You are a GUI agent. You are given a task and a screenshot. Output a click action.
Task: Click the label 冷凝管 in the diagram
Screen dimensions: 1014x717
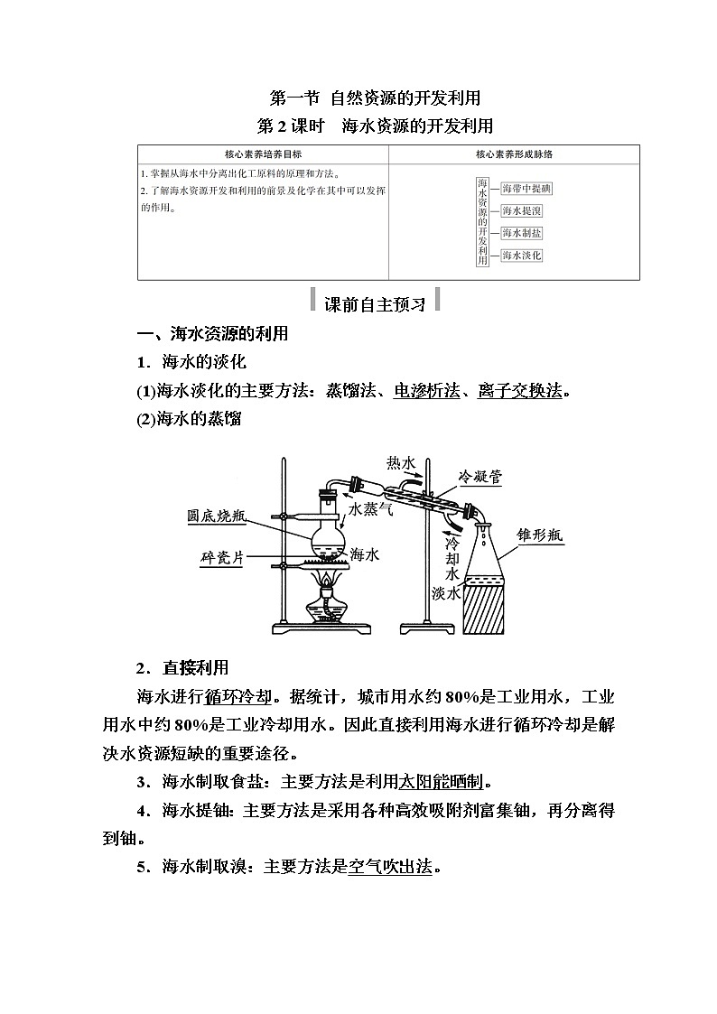click(478, 476)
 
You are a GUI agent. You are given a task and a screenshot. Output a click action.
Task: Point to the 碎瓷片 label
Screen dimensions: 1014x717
click(222, 557)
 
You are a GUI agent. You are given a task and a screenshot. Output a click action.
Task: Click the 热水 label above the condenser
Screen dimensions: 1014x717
click(401, 462)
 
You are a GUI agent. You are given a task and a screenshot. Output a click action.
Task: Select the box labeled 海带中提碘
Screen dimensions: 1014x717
click(526, 189)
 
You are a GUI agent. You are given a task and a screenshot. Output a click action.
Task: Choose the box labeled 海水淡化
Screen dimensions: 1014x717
click(521, 256)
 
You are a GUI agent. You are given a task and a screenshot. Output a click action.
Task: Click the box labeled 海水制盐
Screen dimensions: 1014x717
click(521, 233)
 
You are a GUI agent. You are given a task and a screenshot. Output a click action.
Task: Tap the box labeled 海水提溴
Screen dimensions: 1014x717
click(521, 211)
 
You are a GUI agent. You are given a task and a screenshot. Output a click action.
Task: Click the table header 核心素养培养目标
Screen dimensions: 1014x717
click(263, 154)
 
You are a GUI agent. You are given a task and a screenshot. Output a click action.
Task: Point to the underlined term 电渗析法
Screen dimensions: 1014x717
click(423, 391)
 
